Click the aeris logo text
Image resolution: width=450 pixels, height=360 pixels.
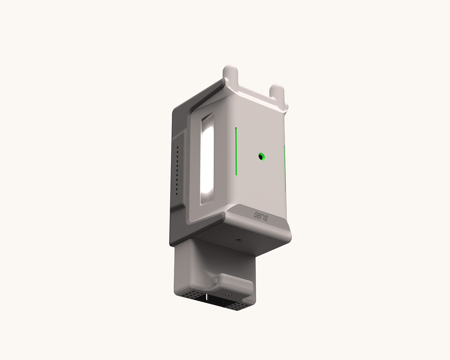(x=261, y=217)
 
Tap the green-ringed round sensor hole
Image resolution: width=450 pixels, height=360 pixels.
(x=261, y=157)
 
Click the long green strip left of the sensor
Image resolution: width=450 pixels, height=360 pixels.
(x=236, y=151)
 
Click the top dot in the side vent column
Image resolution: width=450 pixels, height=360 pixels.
(x=178, y=147)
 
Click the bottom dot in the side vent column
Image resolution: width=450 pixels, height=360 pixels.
(x=177, y=194)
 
